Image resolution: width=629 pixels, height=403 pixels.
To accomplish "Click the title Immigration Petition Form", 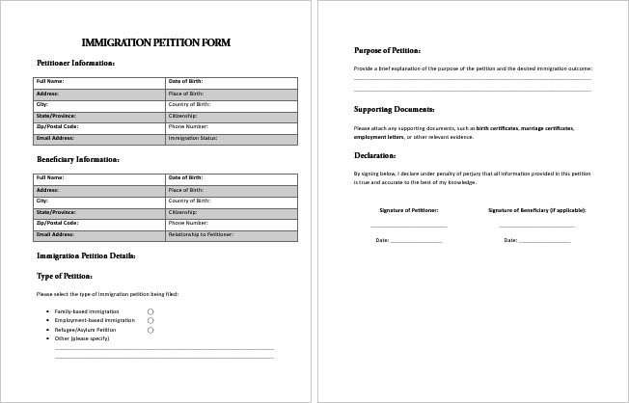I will point(156,43).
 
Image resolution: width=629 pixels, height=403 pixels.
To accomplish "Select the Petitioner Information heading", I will point(76,64).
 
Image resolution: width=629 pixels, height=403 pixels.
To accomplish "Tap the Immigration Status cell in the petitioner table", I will point(232,139).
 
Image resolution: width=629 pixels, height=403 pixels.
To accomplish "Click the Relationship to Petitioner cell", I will point(232,234).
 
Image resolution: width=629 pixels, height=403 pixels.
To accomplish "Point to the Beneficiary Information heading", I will point(78,159).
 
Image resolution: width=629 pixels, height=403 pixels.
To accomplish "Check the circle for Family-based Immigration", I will point(150,311).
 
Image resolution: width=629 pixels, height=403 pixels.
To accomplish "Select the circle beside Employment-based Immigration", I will point(150,320).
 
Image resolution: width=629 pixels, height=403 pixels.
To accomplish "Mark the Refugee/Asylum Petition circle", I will point(150,330).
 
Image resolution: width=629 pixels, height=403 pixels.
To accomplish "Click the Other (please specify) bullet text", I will point(82,338).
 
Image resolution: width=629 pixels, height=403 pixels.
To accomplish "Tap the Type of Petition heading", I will point(65,275).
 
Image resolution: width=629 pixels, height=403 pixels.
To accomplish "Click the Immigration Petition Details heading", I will point(86,255).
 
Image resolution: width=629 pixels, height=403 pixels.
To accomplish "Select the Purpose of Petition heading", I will point(387,49).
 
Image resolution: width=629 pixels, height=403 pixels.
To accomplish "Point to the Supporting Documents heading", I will point(394,109).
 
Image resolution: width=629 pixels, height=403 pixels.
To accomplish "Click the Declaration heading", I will point(374,154).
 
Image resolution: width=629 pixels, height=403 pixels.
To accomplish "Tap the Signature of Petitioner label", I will point(409,209).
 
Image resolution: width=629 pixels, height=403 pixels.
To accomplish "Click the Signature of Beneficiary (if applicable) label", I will point(536,209).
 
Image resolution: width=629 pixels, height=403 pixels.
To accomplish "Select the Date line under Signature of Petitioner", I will point(416,240).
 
